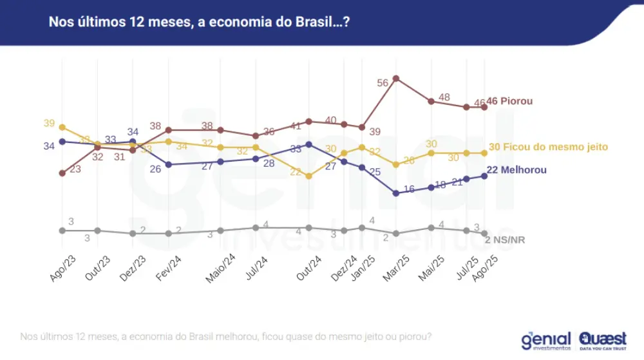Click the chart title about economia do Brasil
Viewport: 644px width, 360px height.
(x=200, y=23)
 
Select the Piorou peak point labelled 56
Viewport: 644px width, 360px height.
(x=396, y=79)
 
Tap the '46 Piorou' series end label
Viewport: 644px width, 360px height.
(x=509, y=101)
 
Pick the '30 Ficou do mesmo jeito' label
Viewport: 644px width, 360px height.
(x=548, y=147)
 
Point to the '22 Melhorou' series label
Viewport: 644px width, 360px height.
(x=516, y=170)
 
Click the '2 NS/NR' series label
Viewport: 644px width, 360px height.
(x=505, y=240)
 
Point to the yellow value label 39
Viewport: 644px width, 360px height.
(x=50, y=123)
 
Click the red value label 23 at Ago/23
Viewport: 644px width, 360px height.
(x=75, y=169)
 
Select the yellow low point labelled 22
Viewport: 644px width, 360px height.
(x=309, y=175)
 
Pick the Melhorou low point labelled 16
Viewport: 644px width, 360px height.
(x=396, y=193)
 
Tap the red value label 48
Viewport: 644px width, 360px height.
(x=444, y=97)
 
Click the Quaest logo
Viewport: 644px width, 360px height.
(x=602, y=341)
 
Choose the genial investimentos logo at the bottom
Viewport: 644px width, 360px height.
(x=546, y=341)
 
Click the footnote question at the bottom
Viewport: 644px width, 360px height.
(x=225, y=337)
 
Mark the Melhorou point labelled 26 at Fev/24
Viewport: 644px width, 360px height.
(x=169, y=164)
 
